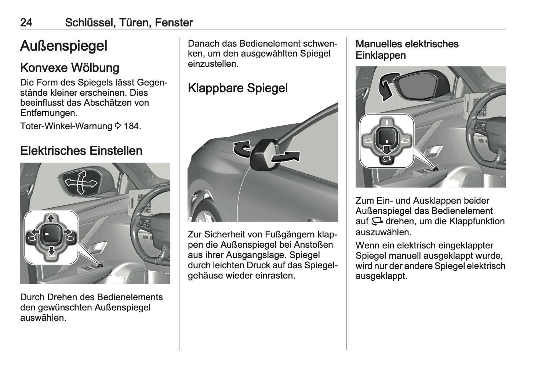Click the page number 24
[x=26, y=22]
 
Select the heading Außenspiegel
[x=64, y=46]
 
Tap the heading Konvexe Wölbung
[x=70, y=68]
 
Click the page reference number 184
[x=131, y=126]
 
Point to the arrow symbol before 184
[x=118, y=126]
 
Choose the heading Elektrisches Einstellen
[x=81, y=150]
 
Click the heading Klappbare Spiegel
[x=238, y=88]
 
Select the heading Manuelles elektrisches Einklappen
[x=407, y=50]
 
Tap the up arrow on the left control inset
[x=51, y=218]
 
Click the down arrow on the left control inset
[x=51, y=251]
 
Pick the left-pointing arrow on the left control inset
[x=35, y=232]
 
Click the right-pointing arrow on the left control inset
[x=67, y=232]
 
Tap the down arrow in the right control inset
[x=387, y=149]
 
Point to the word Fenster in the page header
[x=174, y=22]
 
